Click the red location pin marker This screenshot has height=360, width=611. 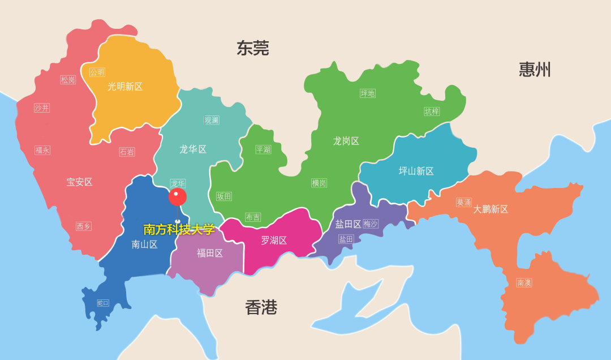pos(177,197)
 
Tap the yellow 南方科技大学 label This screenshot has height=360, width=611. pos(179,230)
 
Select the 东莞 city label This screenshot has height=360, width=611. pos(252,49)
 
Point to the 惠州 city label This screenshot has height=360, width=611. pos(535,70)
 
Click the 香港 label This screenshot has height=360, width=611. pos(261,307)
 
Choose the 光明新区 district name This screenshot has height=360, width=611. pos(125,87)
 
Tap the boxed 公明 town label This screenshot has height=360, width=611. pos(97,72)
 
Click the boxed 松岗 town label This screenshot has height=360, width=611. pos(68,80)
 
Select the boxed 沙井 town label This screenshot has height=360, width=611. pos(42,108)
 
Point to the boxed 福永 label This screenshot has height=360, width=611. pos(42,150)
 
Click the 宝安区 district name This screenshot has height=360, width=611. pos(79,182)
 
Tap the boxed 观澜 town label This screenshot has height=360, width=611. pos(212,120)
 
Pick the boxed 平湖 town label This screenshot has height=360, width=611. pos(263,149)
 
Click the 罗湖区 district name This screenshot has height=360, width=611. pos(274,241)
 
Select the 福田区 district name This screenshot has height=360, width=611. pos(210,253)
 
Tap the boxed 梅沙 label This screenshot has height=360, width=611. pos(371,224)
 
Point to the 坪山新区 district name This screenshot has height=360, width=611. pos(416,171)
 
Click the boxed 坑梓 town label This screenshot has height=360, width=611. pos(432,112)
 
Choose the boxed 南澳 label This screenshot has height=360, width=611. pos(524,282)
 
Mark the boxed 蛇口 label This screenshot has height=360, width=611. pos(103,303)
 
